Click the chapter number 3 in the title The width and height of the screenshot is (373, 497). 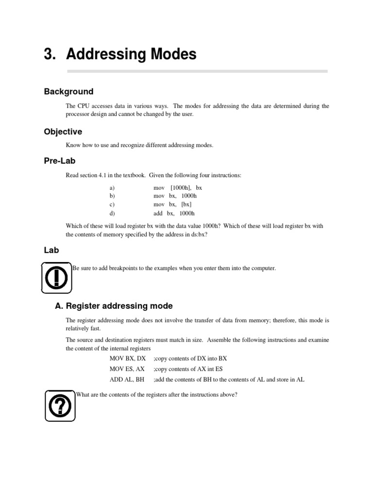coord(48,54)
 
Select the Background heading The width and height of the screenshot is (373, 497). coord(68,91)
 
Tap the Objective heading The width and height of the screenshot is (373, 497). coord(63,132)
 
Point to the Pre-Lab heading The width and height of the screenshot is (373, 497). coord(60,161)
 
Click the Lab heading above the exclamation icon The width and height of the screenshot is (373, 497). coord(51,250)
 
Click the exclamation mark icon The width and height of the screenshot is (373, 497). coord(57,278)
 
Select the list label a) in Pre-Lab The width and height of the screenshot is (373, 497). coord(112,187)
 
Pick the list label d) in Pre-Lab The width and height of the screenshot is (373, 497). coord(112,213)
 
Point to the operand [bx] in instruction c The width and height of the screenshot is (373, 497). coord(186,204)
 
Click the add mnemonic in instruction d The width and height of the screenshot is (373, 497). coord(158,213)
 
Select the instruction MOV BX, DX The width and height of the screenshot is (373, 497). coord(127,359)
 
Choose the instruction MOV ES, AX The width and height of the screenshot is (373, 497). coord(127,369)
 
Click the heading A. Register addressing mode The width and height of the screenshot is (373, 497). coord(114,306)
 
